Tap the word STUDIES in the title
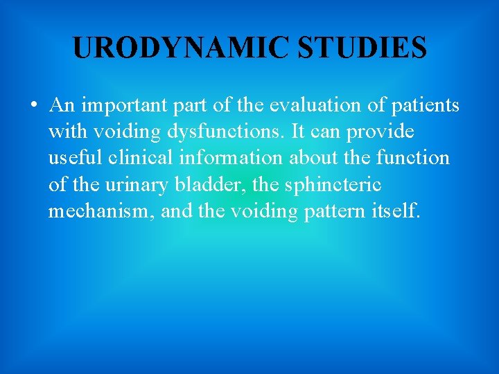[362, 48]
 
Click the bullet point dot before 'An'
[33, 106]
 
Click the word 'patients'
[428, 105]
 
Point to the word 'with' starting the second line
[64, 132]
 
